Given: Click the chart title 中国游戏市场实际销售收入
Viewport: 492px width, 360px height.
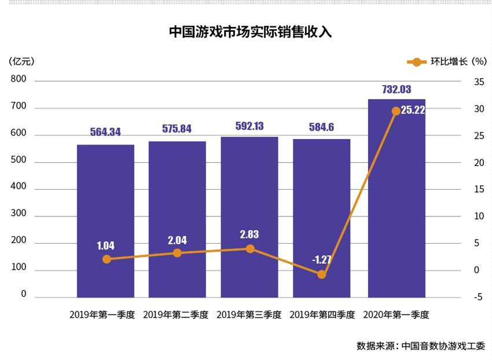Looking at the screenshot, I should [x=250, y=32].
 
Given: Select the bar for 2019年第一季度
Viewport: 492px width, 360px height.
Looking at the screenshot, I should [x=105, y=220].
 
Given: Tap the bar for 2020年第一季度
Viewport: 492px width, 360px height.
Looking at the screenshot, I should [x=396, y=203].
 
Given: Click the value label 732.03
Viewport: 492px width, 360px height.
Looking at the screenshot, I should [x=396, y=89].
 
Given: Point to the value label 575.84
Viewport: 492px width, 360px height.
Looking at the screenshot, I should [x=177, y=129].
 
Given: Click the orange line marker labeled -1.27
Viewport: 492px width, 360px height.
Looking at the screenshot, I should [x=321, y=274].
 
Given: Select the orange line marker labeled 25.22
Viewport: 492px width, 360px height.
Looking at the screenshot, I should [x=396, y=111].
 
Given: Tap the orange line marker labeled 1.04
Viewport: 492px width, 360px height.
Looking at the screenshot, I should [x=106, y=259].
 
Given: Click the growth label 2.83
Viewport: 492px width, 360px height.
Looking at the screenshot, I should [x=249, y=234].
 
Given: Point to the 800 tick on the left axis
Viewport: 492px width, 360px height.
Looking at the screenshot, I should [x=19, y=80].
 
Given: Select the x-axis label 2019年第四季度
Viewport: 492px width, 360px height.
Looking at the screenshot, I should [x=322, y=315].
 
